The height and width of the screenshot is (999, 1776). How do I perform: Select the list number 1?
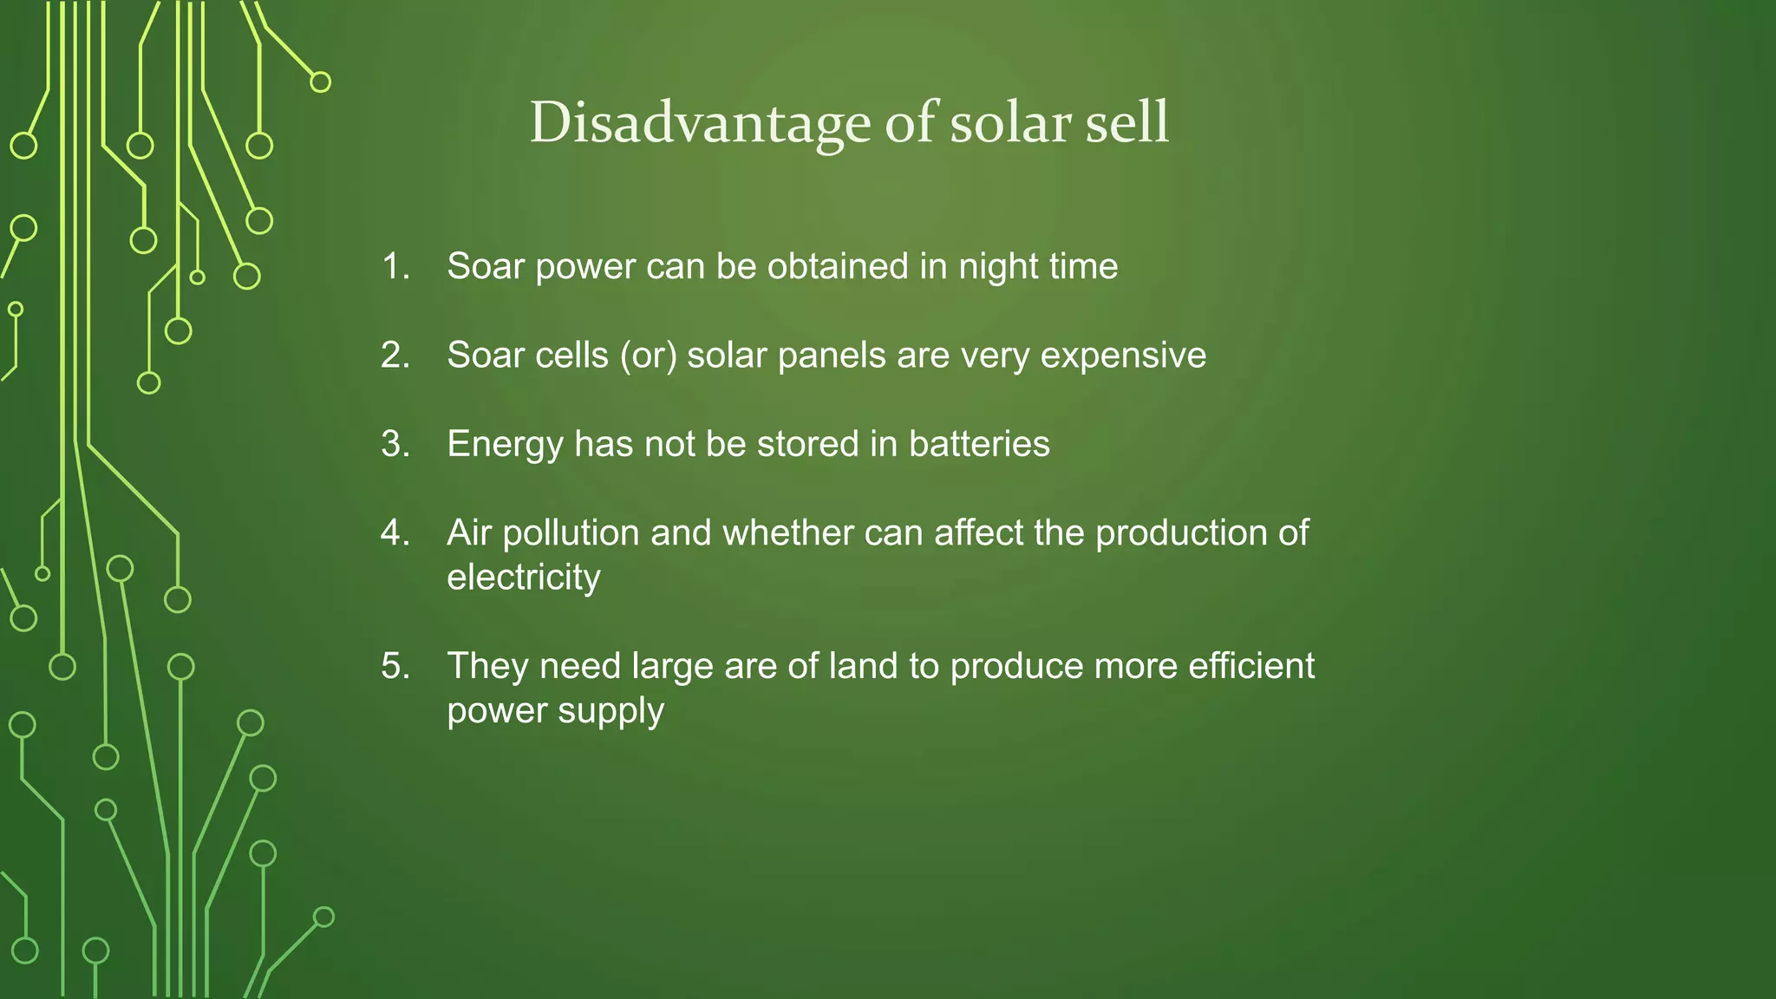point(395,266)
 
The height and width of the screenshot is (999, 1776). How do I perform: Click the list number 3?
point(395,444)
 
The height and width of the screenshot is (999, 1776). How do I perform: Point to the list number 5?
point(395,666)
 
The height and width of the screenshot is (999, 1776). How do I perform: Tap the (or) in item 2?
point(648,356)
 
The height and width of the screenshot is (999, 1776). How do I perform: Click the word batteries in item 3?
point(979,444)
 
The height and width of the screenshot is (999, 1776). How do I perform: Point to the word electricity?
point(523,578)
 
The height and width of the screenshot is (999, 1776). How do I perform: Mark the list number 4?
point(395,532)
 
